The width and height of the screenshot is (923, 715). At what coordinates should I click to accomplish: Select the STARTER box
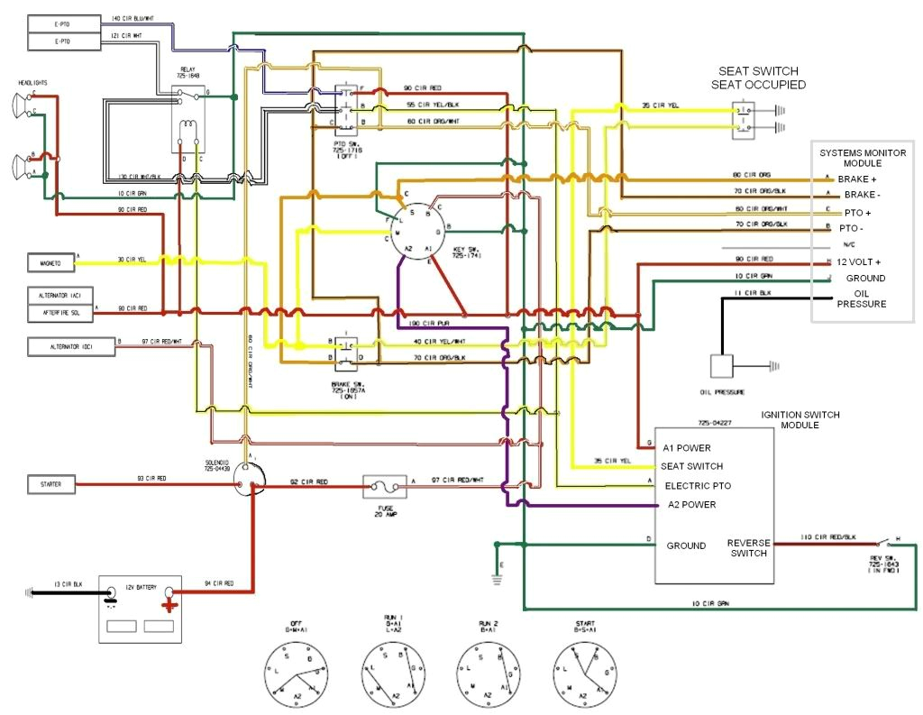[50, 485]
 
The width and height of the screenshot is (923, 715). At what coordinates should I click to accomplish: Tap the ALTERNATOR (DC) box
[70, 346]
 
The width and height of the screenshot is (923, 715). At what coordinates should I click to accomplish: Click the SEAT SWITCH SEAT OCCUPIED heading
[757, 78]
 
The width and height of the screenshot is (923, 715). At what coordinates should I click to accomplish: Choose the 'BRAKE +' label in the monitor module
[857, 179]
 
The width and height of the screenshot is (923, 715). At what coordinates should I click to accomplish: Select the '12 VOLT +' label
[859, 261]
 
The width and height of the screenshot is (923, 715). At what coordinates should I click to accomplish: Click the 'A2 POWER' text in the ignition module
[691, 505]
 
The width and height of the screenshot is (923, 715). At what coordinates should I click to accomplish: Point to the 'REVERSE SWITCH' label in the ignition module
[749, 548]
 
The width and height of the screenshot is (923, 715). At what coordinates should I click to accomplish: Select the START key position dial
[583, 672]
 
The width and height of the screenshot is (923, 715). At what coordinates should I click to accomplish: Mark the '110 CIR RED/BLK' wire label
[826, 536]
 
